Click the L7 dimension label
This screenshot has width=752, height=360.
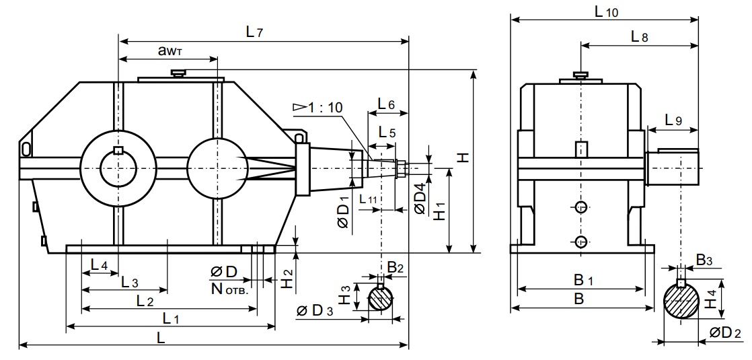point(254,32)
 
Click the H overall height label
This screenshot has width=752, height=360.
point(463,157)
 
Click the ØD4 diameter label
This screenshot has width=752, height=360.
point(420,199)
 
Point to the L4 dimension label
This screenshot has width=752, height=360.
point(99,264)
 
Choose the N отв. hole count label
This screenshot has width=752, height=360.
point(229,291)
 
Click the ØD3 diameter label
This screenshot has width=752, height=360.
point(314,311)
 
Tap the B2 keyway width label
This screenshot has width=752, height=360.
point(396,268)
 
